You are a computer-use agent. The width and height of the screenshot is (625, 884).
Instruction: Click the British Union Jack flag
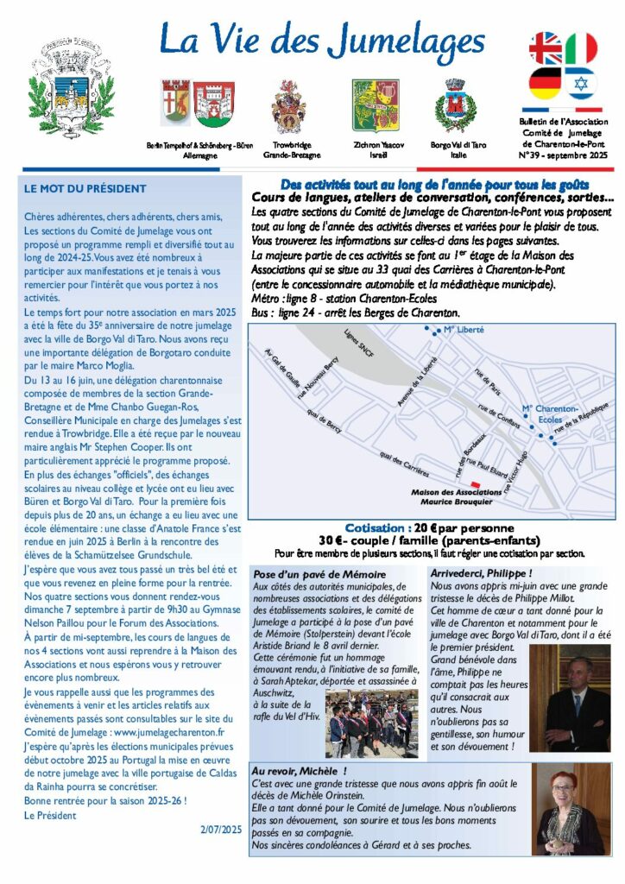coord(546,48)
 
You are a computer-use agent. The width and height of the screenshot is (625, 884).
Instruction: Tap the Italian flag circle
coord(581,48)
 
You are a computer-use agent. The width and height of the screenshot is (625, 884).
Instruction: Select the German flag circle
coord(546,83)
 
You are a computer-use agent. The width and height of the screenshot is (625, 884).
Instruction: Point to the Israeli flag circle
coord(581,83)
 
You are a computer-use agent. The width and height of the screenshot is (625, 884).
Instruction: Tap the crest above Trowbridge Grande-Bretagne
coord(288,105)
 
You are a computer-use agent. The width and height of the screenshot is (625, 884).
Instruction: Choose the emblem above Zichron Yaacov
coord(375,104)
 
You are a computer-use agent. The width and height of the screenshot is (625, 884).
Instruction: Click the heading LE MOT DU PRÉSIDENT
coord(85,188)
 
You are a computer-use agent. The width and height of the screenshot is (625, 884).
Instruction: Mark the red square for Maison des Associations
coord(474,484)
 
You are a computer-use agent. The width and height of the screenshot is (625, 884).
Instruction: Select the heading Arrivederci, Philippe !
coord(482,572)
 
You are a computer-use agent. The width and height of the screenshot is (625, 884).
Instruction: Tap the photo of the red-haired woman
coord(570,811)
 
